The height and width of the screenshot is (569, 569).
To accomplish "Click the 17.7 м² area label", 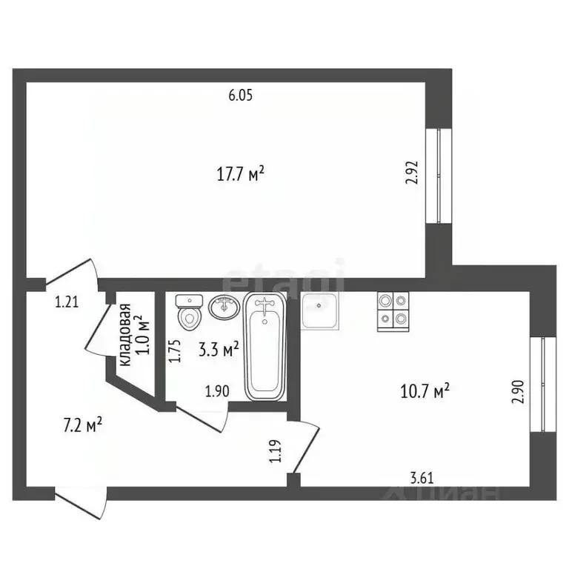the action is [240, 173].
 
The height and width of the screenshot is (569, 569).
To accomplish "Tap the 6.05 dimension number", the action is [240, 96].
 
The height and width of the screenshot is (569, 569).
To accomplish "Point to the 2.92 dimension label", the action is [412, 173].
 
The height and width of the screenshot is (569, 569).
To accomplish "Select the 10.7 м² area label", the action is [425, 391].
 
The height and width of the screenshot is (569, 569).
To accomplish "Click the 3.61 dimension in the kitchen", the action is [422, 478].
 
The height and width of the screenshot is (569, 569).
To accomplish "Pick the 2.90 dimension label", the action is [518, 391].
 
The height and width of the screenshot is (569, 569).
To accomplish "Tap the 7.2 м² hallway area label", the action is [83, 425].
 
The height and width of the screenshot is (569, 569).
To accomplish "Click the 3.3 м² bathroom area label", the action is [219, 350].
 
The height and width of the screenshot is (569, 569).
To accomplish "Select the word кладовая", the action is [125, 335].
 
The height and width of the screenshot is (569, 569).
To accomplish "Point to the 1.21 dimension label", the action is [67, 302].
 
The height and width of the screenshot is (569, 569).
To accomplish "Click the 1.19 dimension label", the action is [276, 451].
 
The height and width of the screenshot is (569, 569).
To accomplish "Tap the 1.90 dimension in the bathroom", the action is [217, 391].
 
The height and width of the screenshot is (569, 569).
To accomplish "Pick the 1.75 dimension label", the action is [174, 350].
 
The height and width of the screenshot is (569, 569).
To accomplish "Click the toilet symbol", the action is [189, 312].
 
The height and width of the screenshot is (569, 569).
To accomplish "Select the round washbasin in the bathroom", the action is [224, 307].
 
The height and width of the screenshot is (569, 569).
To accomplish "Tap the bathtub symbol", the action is [265, 347].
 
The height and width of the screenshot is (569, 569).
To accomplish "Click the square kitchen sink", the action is [319, 310].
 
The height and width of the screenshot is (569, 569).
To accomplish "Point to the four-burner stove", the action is [393, 312].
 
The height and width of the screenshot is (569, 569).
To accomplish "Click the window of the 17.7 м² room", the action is [439, 176].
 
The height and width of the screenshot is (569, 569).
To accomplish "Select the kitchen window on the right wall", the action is [543, 385].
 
